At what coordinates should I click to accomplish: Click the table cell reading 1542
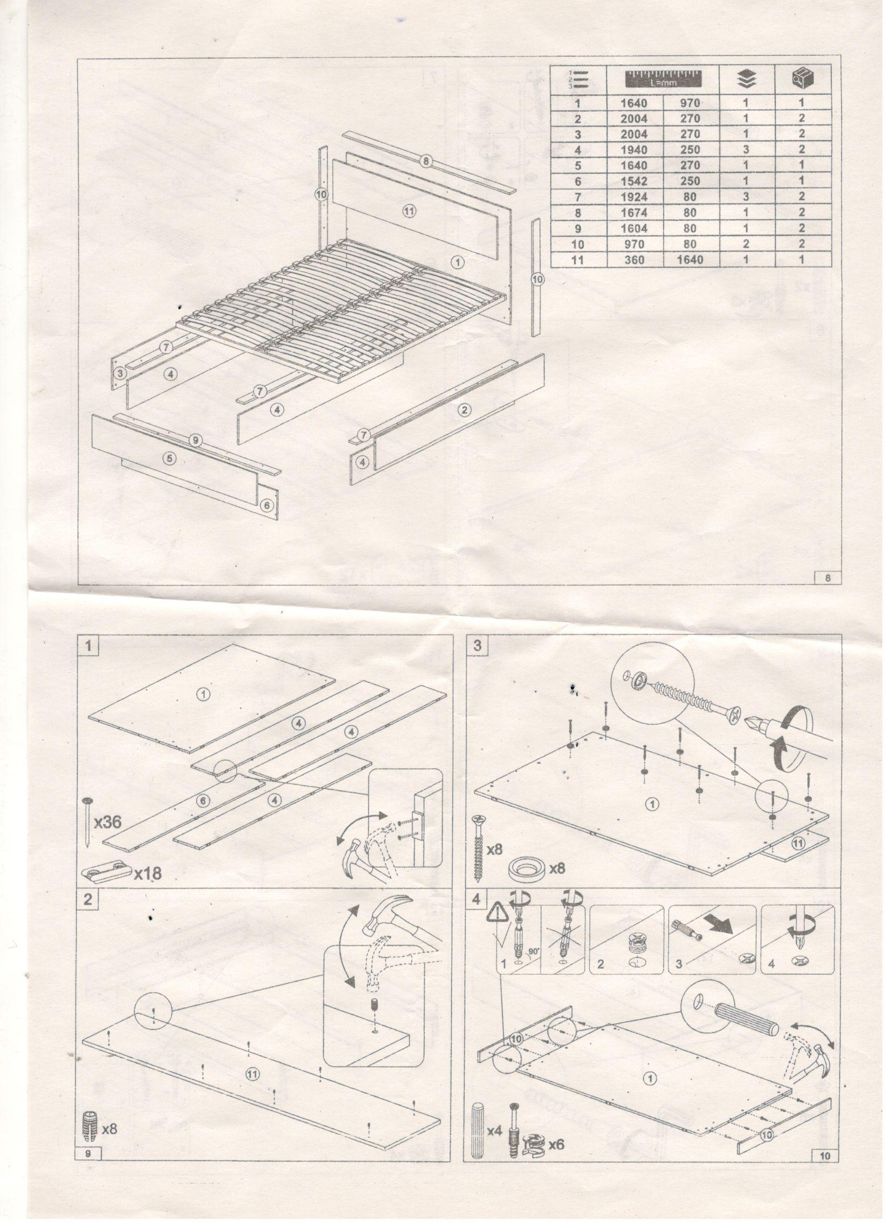pos(634,181)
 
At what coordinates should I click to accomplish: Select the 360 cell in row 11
pos(634,260)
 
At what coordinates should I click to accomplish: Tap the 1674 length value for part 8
pos(634,212)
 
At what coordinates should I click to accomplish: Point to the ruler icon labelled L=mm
pos(663,79)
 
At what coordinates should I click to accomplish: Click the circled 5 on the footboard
pos(170,459)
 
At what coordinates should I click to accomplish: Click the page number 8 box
pos(827,578)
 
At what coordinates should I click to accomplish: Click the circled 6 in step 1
pos(202,799)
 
